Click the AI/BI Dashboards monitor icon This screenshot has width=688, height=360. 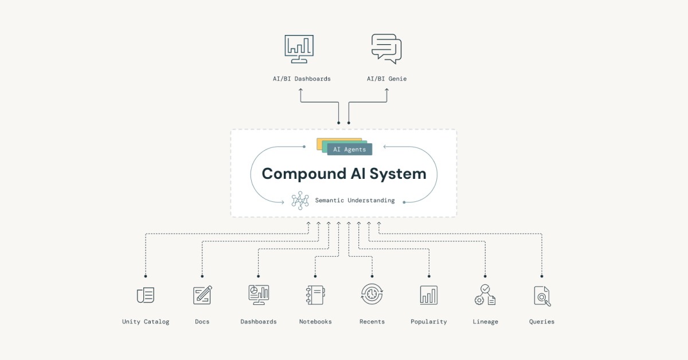coord(299,49)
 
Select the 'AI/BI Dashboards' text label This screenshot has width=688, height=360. coord(302,79)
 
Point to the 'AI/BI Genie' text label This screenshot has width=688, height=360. coord(386,79)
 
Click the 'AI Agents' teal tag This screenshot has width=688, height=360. coord(349,149)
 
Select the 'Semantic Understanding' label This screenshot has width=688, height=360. coord(354,201)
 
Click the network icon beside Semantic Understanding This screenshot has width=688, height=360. coord(300,200)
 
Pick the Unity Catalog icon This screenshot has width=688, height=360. coord(146,295)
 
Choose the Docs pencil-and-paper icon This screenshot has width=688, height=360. coord(202,295)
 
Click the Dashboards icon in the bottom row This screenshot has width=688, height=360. coord(259,295)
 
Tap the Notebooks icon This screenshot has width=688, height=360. coord(315,295)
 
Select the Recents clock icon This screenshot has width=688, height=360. coord(372,295)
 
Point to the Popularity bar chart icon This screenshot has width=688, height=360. coord(429,295)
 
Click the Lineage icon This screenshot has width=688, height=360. coord(485,295)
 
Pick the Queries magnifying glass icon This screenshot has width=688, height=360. coord(542,295)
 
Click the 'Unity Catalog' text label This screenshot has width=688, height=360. coord(146,322)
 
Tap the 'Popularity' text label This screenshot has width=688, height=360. coord(429,322)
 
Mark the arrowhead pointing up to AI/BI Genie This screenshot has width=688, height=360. coord(387,91)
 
